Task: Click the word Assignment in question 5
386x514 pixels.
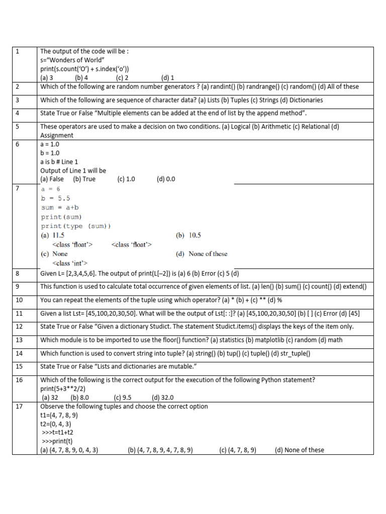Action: pos(56,136)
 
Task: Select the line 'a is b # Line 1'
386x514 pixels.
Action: pos(59,162)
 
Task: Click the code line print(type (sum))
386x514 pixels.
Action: pos(76,226)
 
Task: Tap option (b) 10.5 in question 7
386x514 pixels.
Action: pos(188,235)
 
